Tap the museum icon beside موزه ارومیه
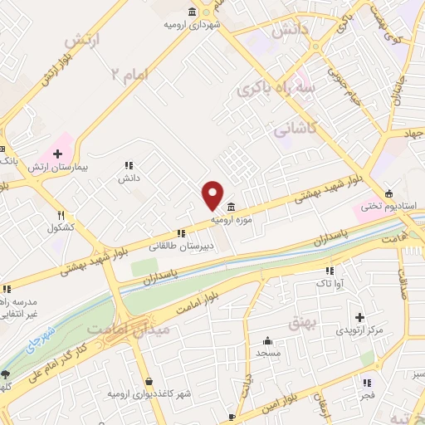[229, 208]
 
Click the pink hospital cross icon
[57, 154]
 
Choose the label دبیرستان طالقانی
[181, 247]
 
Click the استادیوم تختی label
[389, 205]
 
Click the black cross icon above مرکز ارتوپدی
[359, 317]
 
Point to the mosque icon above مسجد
[267, 340]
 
